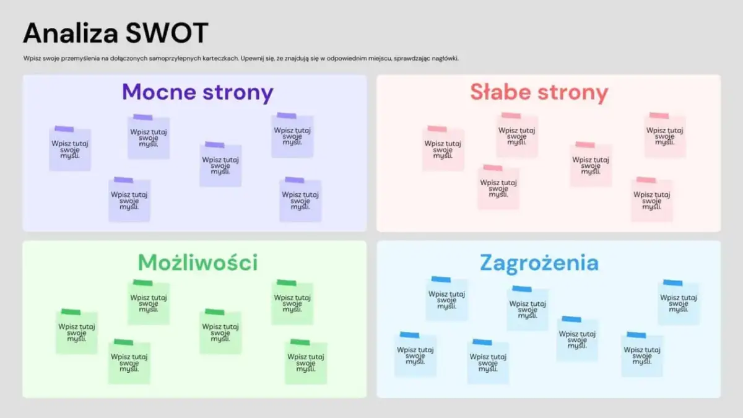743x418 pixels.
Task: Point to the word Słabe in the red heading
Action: (x=500, y=92)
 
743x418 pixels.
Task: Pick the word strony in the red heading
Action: (x=572, y=93)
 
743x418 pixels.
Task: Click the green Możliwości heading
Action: (x=198, y=263)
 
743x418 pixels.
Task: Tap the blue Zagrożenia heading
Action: (x=539, y=263)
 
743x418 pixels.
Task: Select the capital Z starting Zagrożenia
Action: (x=487, y=263)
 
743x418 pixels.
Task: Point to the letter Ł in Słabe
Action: (x=488, y=92)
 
